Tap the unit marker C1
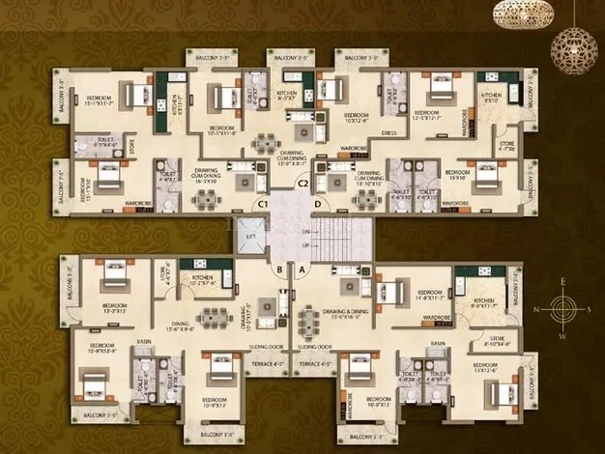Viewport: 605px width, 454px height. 261,204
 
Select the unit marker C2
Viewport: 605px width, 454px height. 302,184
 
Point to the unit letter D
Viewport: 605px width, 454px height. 316,204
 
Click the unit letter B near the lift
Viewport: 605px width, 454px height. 278,271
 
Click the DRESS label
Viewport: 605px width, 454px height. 389,133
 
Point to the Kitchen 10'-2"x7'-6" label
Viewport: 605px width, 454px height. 202,284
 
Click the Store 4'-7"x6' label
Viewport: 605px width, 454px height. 506,148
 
